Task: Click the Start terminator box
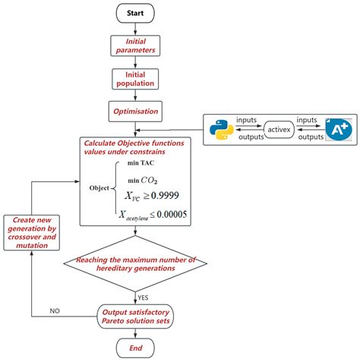[136, 14]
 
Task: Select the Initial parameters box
[136, 46]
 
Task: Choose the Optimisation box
[136, 112]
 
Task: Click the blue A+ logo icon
[336, 131]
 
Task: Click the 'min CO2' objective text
[144, 180]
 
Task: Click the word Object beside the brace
[99, 187]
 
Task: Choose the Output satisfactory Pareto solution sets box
[136, 315]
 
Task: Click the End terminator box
[136, 348]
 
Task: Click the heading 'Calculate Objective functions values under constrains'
[136, 147]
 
